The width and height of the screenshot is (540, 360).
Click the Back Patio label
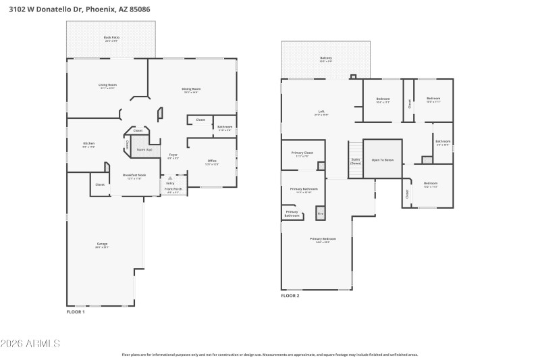coord(111,38)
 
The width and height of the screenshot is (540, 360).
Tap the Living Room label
coord(107,86)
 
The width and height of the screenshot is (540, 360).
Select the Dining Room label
coord(192,90)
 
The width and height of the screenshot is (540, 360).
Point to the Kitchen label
coord(88,144)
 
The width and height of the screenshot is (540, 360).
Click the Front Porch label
coord(173,189)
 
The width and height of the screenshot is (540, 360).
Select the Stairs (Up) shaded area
coord(144,149)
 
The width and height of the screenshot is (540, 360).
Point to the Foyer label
coord(173,156)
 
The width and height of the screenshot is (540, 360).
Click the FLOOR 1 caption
coord(75,312)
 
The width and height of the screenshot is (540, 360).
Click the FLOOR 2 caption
coord(290,295)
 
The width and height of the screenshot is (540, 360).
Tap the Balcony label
coord(326,59)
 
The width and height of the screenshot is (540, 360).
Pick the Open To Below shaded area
coord(383,159)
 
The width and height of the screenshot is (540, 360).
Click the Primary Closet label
coord(302,154)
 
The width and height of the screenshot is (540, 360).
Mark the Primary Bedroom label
coord(323,240)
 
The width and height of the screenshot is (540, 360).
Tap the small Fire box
coord(320,214)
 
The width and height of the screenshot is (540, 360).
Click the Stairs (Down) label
coord(355,161)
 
